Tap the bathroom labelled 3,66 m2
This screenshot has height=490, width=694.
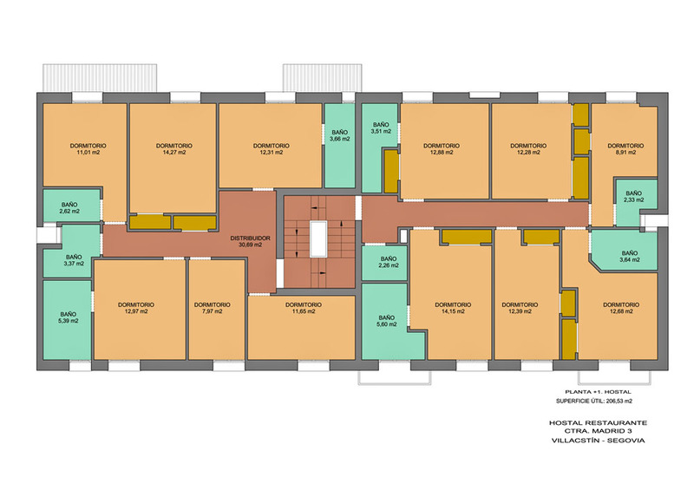[x=339, y=145]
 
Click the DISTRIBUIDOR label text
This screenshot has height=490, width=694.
[x=250, y=238]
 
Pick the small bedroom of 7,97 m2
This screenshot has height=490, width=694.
[x=216, y=310]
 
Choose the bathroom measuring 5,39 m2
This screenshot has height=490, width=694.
[x=68, y=320]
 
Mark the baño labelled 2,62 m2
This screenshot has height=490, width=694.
[x=71, y=206]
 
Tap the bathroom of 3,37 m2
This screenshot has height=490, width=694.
[x=73, y=252]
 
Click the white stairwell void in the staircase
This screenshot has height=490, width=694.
[x=318, y=239]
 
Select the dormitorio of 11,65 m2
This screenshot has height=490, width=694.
[x=301, y=328]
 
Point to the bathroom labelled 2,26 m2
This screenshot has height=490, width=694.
[x=384, y=263]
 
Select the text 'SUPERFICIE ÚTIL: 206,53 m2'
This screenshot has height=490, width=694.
[x=594, y=402]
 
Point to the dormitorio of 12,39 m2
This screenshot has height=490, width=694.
[x=527, y=305]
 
